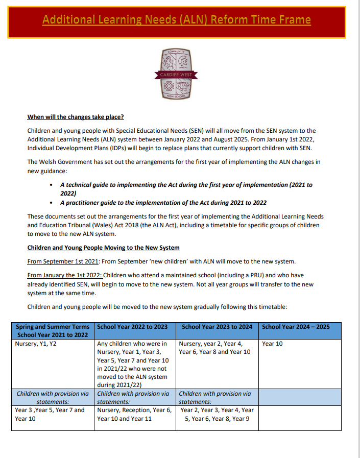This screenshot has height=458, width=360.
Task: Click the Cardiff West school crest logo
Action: (176, 74)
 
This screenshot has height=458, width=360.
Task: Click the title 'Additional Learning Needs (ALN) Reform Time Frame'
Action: (176, 20)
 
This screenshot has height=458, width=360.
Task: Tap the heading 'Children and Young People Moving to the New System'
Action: (103, 248)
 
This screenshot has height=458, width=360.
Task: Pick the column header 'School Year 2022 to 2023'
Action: (132, 327)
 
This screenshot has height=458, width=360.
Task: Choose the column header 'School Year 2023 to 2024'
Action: (217, 327)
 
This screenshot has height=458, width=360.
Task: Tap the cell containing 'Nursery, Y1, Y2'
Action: (36, 344)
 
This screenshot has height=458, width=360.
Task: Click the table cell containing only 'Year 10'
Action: (272, 344)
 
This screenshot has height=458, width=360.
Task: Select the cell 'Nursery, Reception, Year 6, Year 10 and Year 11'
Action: (134, 414)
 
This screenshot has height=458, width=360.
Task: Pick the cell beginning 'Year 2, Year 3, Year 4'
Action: (217, 414)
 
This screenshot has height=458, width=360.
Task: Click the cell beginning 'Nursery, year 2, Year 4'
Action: (214, 348)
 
